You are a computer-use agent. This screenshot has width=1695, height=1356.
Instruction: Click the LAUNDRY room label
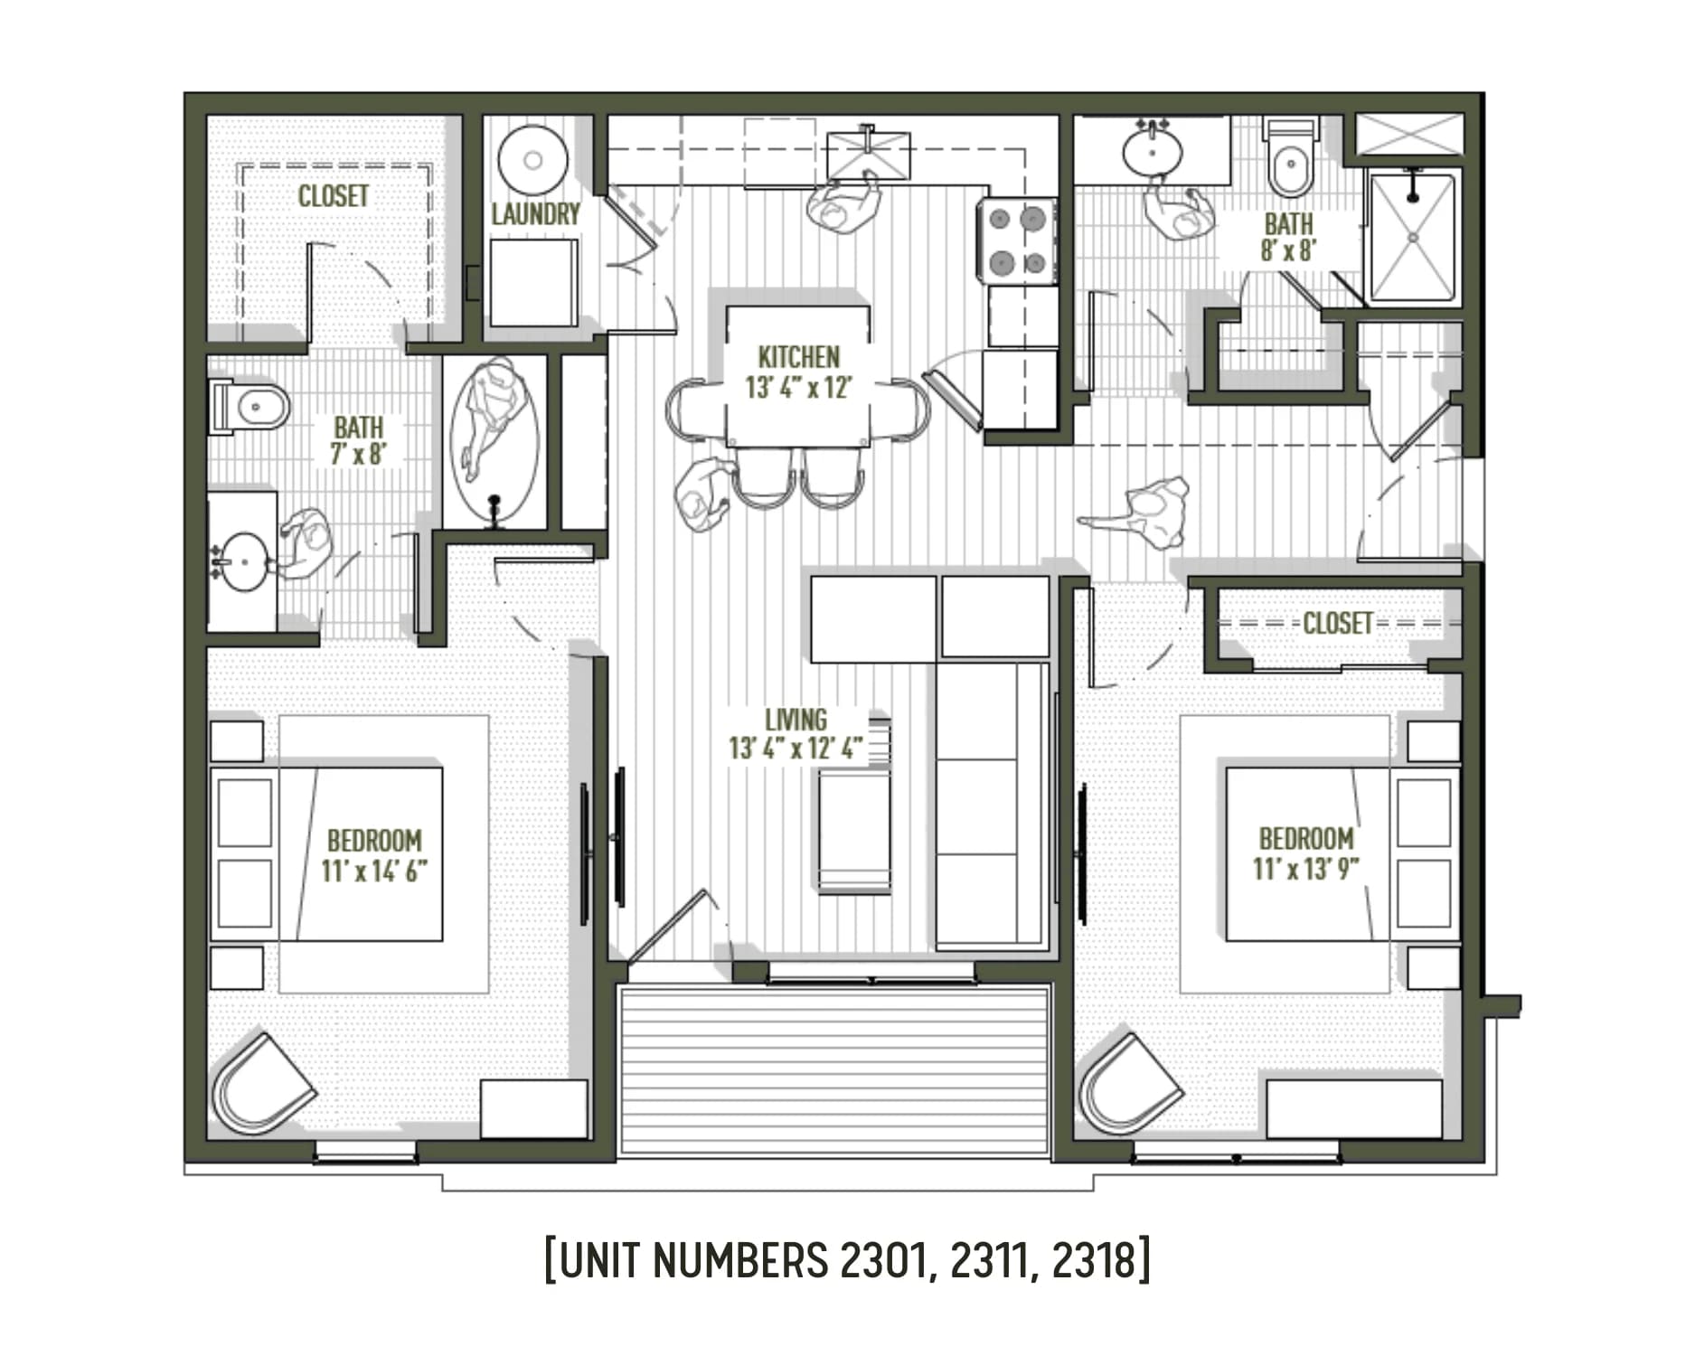click(x=535, y=214)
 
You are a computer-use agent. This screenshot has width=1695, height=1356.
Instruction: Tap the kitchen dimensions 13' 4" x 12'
click(x=798, y=388)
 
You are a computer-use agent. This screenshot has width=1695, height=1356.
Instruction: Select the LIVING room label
click(x=796, y=720)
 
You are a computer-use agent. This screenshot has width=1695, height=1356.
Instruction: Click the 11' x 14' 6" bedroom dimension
click(x=373, y=871)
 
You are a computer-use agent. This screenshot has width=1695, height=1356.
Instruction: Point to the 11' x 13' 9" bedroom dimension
click(x=1306, y=869)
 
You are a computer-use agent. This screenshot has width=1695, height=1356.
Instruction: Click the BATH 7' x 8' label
click(x=358, y=439)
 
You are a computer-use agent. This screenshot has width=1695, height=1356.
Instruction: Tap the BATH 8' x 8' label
click(x=1288, y=237)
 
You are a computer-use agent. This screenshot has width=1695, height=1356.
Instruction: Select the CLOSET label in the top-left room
click(x=333, y=196)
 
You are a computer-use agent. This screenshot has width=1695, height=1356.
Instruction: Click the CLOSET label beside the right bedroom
click(x=1337, y=623)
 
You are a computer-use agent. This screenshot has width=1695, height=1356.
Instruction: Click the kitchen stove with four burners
click(x=1017, y=241)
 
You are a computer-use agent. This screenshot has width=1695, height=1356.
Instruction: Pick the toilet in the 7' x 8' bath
click(x=249, y=407)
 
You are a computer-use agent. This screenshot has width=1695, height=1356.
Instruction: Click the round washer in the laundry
click(x=533, y=160)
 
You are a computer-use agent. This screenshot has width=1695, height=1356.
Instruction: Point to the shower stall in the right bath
click(x=1412, y=238)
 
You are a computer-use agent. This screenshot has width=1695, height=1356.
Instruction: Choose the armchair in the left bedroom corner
click(x=260, y=1083)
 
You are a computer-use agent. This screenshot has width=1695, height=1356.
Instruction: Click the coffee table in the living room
click(x=853, y=832)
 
